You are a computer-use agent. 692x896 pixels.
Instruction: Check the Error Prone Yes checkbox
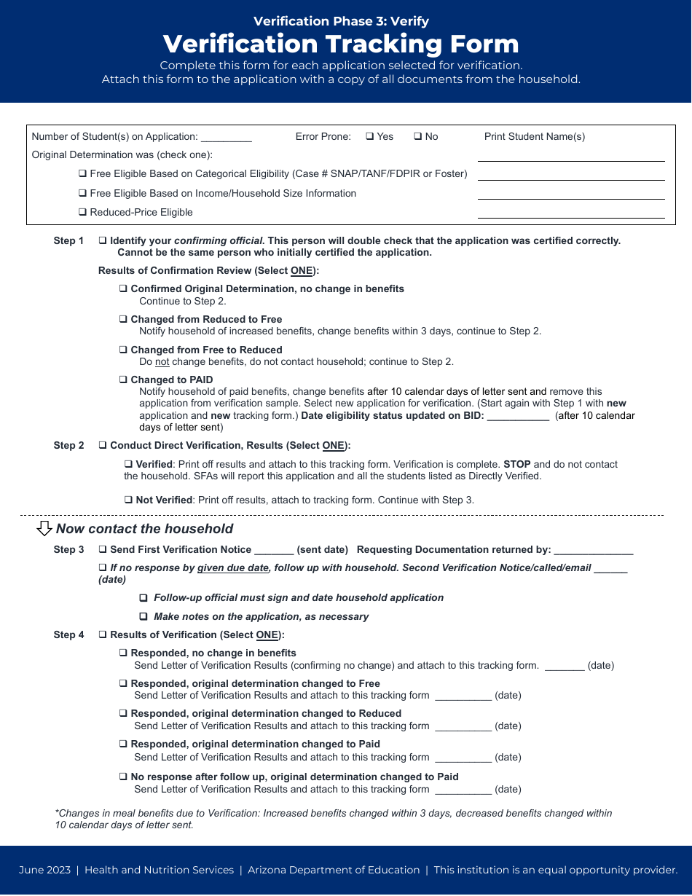[x=369, y=136]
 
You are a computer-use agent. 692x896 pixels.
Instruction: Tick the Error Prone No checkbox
[x=418, y=136]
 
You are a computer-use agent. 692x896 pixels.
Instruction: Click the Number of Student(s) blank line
[x=226, y=138]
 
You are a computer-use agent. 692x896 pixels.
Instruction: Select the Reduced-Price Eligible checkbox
[x=83, y=213]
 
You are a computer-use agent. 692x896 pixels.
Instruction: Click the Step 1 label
[x=68, y=241]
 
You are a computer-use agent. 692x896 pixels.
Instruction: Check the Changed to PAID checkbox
[x=124, y=380]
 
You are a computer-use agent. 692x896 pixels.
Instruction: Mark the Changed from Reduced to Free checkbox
[x=124, y=320]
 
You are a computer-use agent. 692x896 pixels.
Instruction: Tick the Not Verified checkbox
[x=128, y=500]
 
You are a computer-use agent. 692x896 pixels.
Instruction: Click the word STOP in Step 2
[x=516, y=465]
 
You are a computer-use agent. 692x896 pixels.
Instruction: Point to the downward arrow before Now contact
[x=44, y=529]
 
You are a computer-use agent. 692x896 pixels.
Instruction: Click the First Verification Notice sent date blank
[x=274, y=551]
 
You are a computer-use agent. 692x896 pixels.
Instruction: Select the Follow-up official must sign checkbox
[x=143, y=598]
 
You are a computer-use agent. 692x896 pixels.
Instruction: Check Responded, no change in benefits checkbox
[x=124, y=653]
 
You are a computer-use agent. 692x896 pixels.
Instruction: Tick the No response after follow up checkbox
[x=124, y=777]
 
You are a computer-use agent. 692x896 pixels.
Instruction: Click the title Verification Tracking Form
[x=341, y=44]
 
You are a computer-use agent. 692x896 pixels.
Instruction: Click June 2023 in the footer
[x=44, y=870]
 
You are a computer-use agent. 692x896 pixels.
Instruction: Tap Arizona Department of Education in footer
[x=334, y=870]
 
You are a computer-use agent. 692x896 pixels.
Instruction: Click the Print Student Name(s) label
[x=535, y=137]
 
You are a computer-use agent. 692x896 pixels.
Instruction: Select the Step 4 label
[x=68, y=635]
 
